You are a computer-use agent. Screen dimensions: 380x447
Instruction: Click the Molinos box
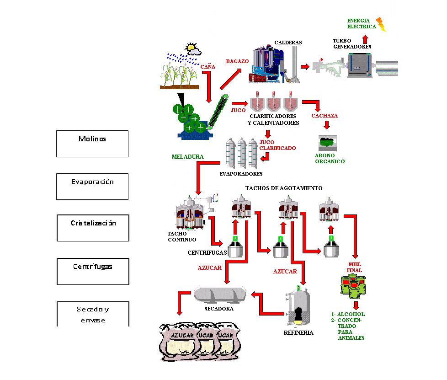click(92, 144)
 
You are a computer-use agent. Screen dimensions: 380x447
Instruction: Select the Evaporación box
click(92, 186)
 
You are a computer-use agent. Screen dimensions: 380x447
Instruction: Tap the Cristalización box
click(93, 228)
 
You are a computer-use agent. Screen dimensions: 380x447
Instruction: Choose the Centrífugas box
click(93, 271)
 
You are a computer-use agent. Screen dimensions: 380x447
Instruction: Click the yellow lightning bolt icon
click(381, 24)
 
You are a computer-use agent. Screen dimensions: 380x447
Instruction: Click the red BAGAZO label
click(237, 61)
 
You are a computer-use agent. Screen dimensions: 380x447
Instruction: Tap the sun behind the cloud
click(191, 47)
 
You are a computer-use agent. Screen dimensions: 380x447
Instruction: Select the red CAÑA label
click(208, 67)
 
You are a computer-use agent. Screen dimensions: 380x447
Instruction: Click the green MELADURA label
click(187, 156)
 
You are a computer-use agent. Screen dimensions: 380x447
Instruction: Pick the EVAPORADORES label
click(241, 174)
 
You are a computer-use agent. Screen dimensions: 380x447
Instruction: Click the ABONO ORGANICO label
click(330, 158)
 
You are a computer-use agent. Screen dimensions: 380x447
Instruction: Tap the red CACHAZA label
click(325, 116)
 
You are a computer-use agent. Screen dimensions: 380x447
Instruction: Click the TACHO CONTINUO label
click(181, 236)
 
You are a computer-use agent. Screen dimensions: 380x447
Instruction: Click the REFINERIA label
click(298, 332)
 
